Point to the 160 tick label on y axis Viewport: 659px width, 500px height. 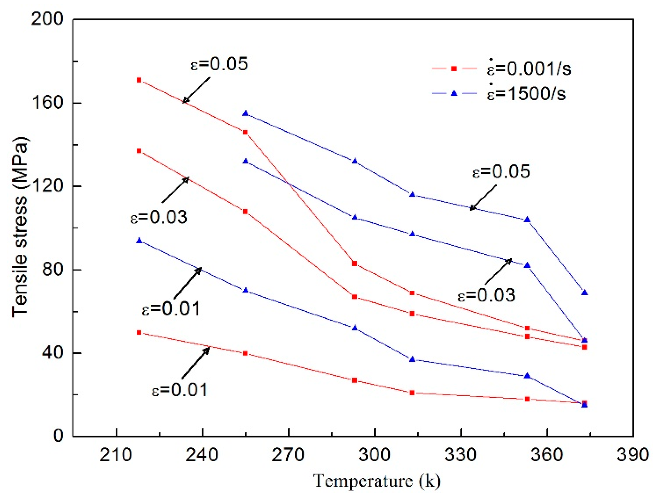coord(47,103)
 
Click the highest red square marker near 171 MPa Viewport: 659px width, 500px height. coord(139,80)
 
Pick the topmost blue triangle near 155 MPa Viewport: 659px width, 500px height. coord(245,113)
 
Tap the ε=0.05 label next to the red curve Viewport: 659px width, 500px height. coord(219,64)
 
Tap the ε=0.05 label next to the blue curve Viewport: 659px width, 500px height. coord(501,172)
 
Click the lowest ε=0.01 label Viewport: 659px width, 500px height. coord(179,390)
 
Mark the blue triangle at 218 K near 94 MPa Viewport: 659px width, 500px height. coord(139,241)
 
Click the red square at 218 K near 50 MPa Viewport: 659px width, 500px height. coord(139,332)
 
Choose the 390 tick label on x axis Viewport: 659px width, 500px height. coord(633,455)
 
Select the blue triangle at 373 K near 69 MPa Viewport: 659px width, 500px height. coord(584,293)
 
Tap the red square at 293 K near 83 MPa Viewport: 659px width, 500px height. coord(355,263)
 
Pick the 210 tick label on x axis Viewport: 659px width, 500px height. coord(115,455)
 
